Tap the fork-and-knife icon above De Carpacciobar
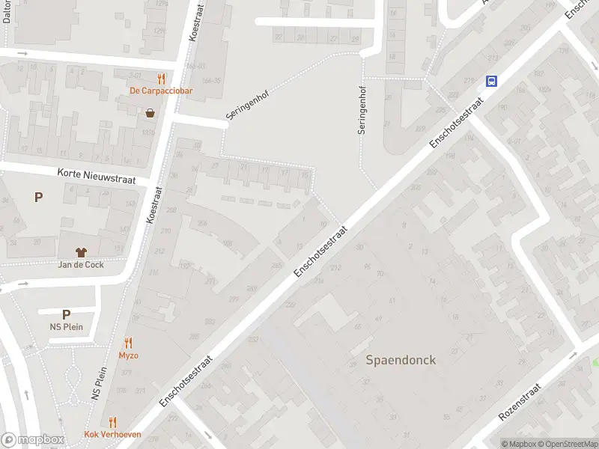tap(160, 79)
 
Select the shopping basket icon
tap(150, 114)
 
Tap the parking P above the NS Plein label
tap(66, 315)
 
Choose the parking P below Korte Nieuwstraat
tap(38, 197)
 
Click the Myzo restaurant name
tap(128, 355)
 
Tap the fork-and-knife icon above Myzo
tap(128, 343)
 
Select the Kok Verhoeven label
tap(113, 435)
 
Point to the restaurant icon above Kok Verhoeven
tap(113, 422)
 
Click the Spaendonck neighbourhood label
tap(401, 360)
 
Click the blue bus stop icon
tap(492, 81)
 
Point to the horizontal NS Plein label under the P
tap(66, 327)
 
